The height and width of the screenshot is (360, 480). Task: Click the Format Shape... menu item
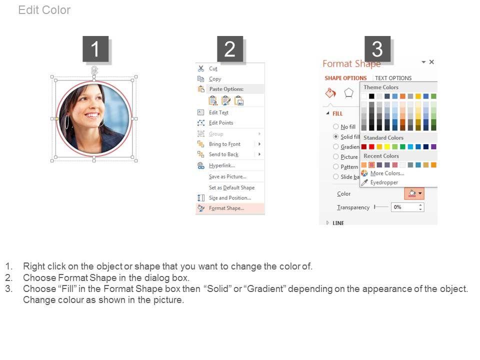(x=226, y=208)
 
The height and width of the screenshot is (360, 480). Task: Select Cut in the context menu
(x=213, y=68)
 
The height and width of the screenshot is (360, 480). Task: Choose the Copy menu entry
(x=215, y=79)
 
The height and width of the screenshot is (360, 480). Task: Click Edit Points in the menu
(x=221, y=123)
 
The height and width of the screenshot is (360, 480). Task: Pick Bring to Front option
(x=224, y=144)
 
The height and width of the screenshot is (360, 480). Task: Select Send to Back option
(x=224, y=154)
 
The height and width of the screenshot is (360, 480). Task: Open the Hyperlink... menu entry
(x=222, y=165)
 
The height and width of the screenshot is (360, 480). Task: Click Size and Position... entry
(x=230, y=198)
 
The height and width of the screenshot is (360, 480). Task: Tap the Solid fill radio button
(x=336, y=136)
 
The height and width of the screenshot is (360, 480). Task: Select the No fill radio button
(x=336, y=126)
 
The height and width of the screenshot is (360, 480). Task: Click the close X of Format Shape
(x=431, y=62)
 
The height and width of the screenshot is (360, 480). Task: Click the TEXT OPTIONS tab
(x=393, y=78)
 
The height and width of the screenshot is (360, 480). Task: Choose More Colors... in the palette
(x=387, y=173)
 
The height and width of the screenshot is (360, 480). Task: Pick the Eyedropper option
(x=384, y=182)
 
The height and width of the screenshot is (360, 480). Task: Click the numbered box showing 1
(x=95, y=49)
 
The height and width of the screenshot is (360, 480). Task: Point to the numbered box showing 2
(x=230, y=49)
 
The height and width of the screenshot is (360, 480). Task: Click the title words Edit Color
(x=44, y=10)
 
